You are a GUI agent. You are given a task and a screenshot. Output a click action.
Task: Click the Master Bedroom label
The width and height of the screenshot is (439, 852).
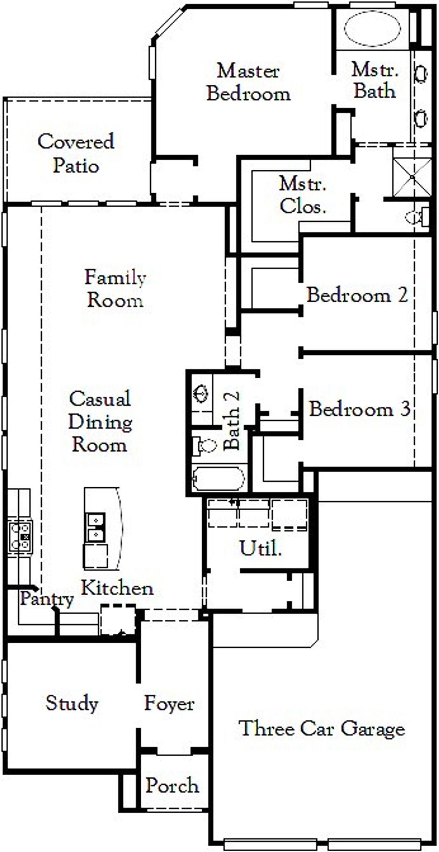pyautogui.click(x=249, y=82)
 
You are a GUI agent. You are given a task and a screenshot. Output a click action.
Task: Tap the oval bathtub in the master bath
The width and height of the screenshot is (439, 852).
pyautogui.click(x=372, y=28)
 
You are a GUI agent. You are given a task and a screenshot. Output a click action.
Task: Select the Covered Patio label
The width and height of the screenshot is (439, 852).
pyautogui.click(x=76, y=153)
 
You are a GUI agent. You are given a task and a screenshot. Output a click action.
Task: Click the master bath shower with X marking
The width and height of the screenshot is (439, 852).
pyautogui.click(x=412, y=177)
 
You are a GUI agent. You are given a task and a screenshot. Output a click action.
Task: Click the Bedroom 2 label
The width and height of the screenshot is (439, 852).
pyautogui.click(x=357, y=295)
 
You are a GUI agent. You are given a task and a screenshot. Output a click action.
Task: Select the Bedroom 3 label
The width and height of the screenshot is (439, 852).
pyautogui.click(x=359, y=409)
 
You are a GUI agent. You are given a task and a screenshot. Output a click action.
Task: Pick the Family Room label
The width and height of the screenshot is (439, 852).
pyautogui.click(x=115, y=288)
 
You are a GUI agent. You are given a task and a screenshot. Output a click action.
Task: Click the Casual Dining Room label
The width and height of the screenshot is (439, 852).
pyautogui.click(x=100, y=422)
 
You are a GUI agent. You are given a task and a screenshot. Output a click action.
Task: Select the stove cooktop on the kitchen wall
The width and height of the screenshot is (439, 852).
pyautogui.click(x=20, y=537)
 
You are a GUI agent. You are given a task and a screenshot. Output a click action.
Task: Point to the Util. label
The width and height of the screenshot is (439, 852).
pyautogui.click(x=260, y=548)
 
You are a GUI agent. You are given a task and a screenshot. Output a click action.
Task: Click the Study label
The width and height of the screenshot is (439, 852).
pyautogui.click(x=72, y=703)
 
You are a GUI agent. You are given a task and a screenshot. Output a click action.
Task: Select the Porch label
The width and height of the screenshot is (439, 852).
pyautogui.click(x=172, y=785)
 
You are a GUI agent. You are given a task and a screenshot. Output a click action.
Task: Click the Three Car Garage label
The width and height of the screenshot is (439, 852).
pyautogui.click(x=321, y=728)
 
